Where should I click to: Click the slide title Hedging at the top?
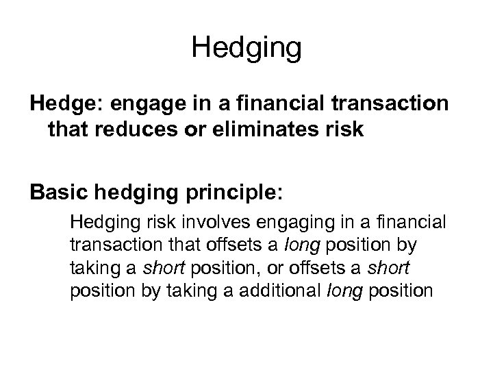pyautogui.click(x=246, y=48)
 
